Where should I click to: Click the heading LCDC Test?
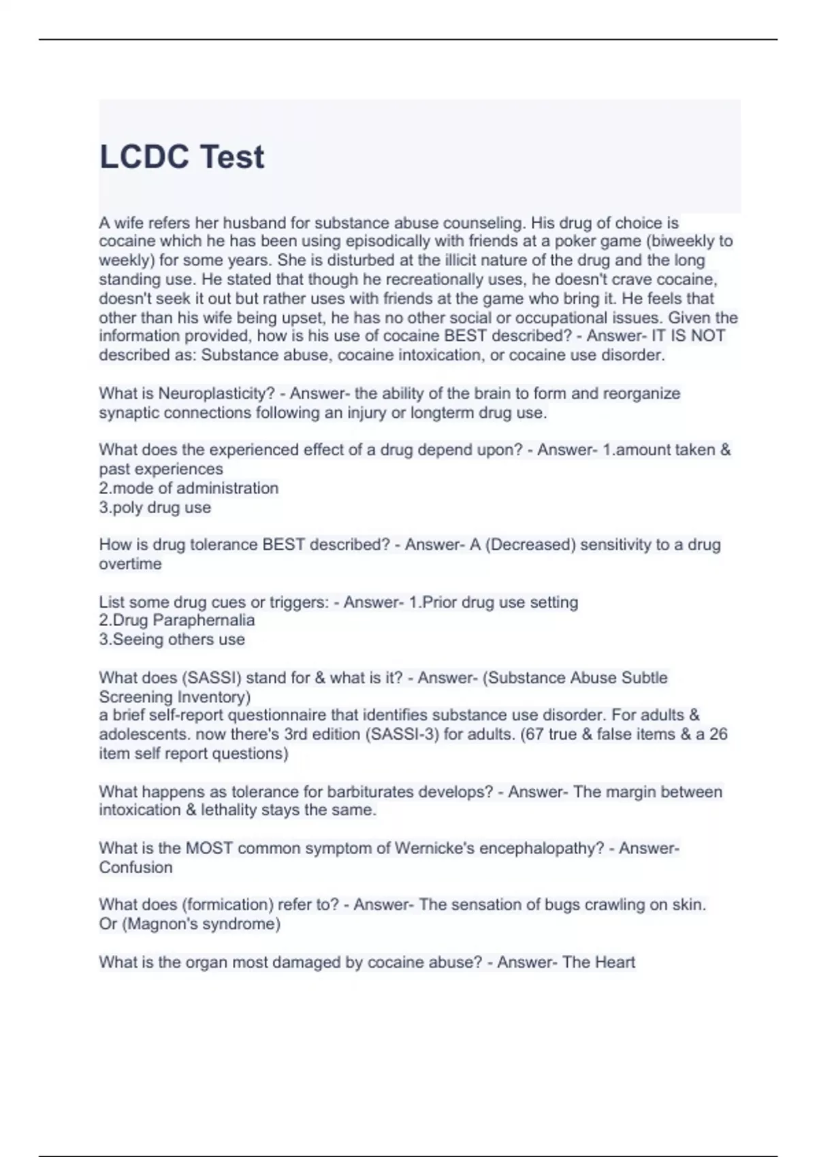(182, 157)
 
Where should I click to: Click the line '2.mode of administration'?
(189, 488)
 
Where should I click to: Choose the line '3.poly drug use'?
(155, 507)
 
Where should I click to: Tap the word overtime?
(130, 564)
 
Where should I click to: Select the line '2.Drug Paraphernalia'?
(177, 620)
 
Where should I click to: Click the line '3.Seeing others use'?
(172, 639)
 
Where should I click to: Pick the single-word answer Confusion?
(135, 867)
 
